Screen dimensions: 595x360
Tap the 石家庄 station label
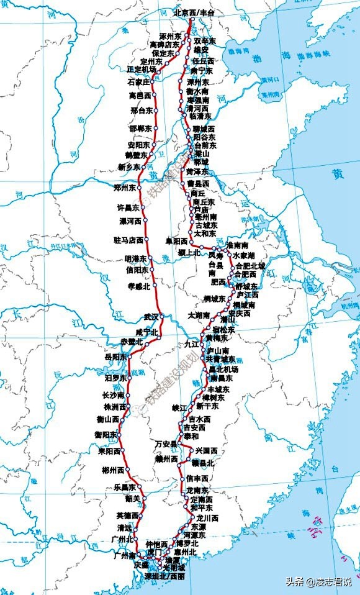pyautogui.click(x=138, y=82)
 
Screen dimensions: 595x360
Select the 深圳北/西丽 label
pyautogui.click(x=164, y=576)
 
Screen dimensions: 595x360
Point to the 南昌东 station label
pyautogui.click(x=222, y=378)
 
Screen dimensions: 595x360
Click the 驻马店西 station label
pyautogui.click(x=128, y=240)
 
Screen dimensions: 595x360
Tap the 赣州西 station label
pyautogui.click(x=167, y=459)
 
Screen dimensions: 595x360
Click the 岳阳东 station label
pyautogui.click(x=115, y=357)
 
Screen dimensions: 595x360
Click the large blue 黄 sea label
pyautogui.click(x=338, y=175)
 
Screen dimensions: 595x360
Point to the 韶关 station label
pyautogui.click(x=132, y=499)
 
